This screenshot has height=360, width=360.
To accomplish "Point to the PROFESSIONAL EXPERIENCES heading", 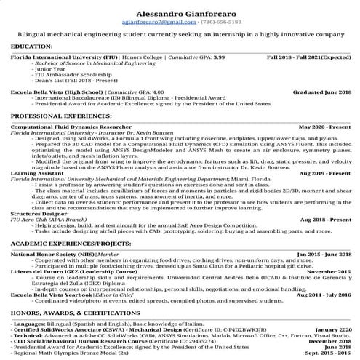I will point(56,116).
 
